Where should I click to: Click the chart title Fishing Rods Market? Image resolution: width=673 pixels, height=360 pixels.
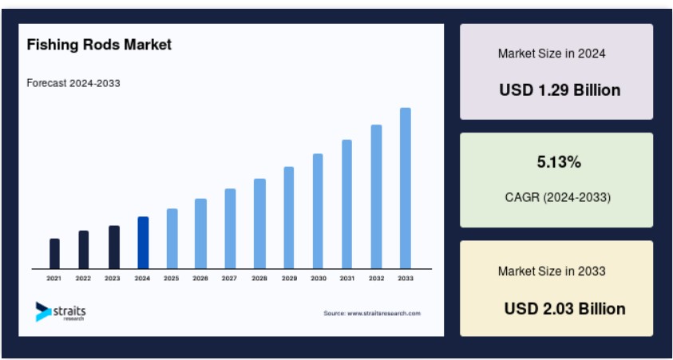(99, 45)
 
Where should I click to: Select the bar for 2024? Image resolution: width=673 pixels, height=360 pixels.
(143, 243)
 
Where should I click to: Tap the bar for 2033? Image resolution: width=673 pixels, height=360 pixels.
(406, 188)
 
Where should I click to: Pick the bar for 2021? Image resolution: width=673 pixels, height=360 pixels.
(54, 254)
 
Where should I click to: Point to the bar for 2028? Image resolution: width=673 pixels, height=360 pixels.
(259, 224)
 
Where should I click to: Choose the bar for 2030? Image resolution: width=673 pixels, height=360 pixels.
(318, 212)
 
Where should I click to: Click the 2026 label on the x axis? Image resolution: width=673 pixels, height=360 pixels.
(200, 279)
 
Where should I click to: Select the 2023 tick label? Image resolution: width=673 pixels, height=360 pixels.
(113, 279)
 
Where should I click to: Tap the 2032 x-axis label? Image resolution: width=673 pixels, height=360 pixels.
(376, 279)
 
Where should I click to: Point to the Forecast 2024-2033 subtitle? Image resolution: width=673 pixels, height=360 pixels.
(73, 83)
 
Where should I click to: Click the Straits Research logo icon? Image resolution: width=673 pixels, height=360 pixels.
(43, 311)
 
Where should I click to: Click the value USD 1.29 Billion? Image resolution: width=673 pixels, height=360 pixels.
(560, 90)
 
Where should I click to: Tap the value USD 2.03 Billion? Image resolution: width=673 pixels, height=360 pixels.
(565, 308)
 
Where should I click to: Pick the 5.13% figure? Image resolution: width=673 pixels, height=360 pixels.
(559, 162)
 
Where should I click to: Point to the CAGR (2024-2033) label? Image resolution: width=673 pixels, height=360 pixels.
(557, 198)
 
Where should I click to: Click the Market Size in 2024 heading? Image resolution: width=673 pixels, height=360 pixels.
(552, 53)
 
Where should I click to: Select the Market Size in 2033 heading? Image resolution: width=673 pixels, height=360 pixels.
(552, 271)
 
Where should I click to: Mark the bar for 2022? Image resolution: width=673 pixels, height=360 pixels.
(84, 250)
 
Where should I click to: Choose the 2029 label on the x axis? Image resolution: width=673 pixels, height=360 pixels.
(289, 279)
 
